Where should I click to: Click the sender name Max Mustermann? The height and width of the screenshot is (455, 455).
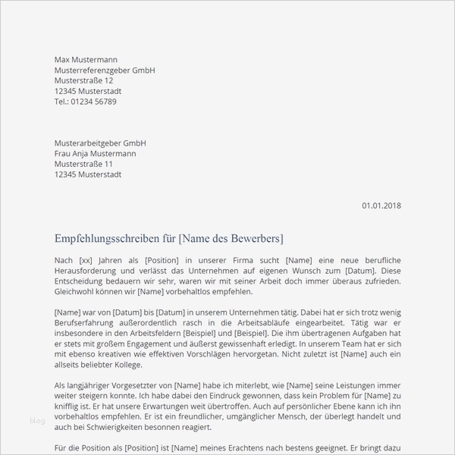pos(86,59)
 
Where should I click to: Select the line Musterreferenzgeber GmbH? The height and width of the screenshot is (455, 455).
pos(105,70)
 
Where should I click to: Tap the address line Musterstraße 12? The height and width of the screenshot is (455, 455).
pos(84,80)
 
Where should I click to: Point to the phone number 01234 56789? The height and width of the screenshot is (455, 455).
pos(96,102)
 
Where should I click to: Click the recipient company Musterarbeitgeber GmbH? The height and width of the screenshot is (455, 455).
pos(100,143)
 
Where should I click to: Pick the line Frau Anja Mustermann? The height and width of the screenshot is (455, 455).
pos(96,153)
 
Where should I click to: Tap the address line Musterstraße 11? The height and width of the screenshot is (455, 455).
pos(84,164)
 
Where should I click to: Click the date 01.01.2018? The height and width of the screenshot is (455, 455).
pos(381,205)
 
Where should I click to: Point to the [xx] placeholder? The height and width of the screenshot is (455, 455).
pos(85,260)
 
